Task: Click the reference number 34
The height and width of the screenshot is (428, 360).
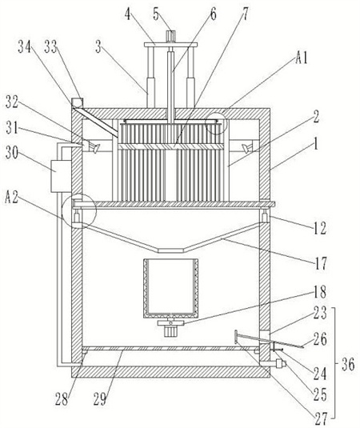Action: (24, 46)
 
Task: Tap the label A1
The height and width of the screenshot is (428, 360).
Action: (302, 58)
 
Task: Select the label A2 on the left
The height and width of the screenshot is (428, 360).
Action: (11, 198)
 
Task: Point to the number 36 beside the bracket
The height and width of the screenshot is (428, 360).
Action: (348, 364)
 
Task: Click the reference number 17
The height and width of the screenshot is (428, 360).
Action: (320, 263)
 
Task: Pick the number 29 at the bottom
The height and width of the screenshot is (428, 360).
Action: (100, 400)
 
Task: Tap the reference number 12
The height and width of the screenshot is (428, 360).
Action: (319, 228)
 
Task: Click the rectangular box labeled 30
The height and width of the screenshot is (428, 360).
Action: (61, 176)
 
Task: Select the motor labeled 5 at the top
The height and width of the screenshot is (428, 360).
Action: (170, 36)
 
